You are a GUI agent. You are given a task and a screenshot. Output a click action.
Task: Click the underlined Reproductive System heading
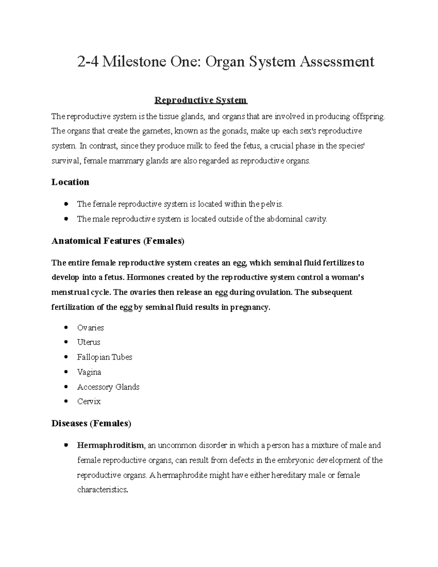tap(201, 100)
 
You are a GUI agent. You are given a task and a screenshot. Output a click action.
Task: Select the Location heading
tap(70, 182)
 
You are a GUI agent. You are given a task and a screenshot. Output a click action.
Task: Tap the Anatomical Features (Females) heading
tap(118, 241)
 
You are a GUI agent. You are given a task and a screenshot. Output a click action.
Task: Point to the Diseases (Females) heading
tap(91, 424)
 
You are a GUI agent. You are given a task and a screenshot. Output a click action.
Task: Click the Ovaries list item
tap(91, 328)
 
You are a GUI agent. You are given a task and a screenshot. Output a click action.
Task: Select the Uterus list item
tap(89, 342)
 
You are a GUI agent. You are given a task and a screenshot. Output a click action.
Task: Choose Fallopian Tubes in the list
tap(104, 357)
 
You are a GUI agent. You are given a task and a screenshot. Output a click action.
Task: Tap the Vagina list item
tap(89, 372)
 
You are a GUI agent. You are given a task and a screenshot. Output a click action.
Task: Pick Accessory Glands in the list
tap(108, 387)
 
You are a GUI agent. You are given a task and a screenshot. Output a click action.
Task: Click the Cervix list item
tap(89, 402)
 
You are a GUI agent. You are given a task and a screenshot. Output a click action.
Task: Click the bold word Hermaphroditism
tap(111, 445)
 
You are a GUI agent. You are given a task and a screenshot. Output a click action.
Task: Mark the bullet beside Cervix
tap(66, 402)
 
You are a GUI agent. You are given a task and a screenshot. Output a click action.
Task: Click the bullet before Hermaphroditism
tap(66, 445)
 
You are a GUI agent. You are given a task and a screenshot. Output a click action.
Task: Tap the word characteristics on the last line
tap(103, 490)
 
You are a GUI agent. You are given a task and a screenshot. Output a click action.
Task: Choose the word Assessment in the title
tap(337, 62)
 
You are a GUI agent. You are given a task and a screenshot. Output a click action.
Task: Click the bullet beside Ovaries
tap(66, 328)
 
